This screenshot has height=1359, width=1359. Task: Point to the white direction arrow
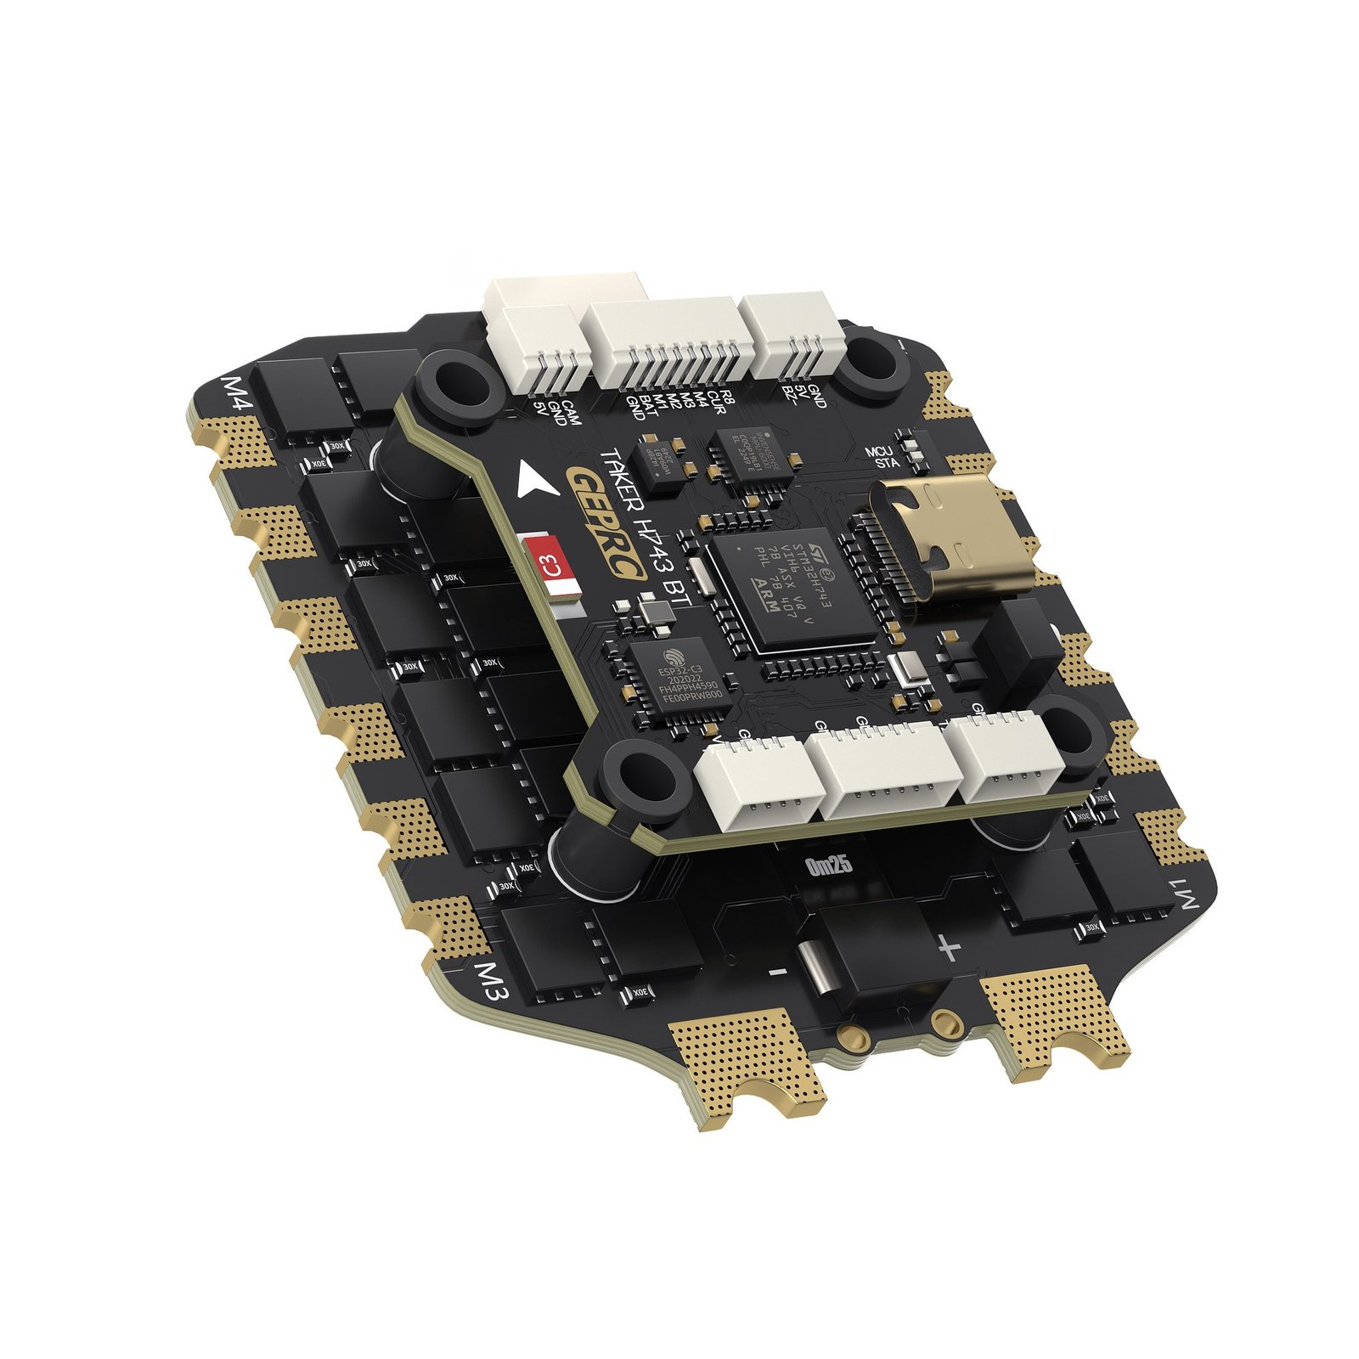click(536, 481)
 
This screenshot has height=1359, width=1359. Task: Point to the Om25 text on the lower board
click(827, 866)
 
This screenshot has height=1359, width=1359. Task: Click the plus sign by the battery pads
click(949, 947)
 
